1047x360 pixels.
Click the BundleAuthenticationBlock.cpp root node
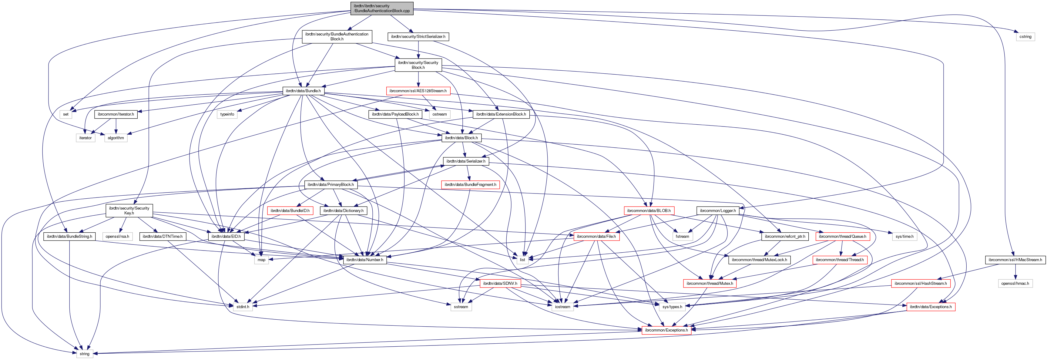(x=382, y=8)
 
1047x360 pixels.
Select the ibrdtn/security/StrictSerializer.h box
(x=418, y=37)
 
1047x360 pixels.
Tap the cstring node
(x=1025, y=37)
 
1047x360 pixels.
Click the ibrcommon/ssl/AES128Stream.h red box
(x=418, y=91)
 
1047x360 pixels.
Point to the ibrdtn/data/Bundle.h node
(x=303, y=91)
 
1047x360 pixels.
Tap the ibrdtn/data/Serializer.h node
(x=466, y=161)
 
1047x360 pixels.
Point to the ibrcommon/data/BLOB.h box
(x=649, y=211)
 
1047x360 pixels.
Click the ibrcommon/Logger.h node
(x=718, y=211)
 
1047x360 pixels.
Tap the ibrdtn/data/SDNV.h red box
(x=500, y=284)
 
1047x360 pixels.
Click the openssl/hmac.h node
(x=1015, y=284)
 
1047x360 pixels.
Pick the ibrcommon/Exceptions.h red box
(x=666, y=330)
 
